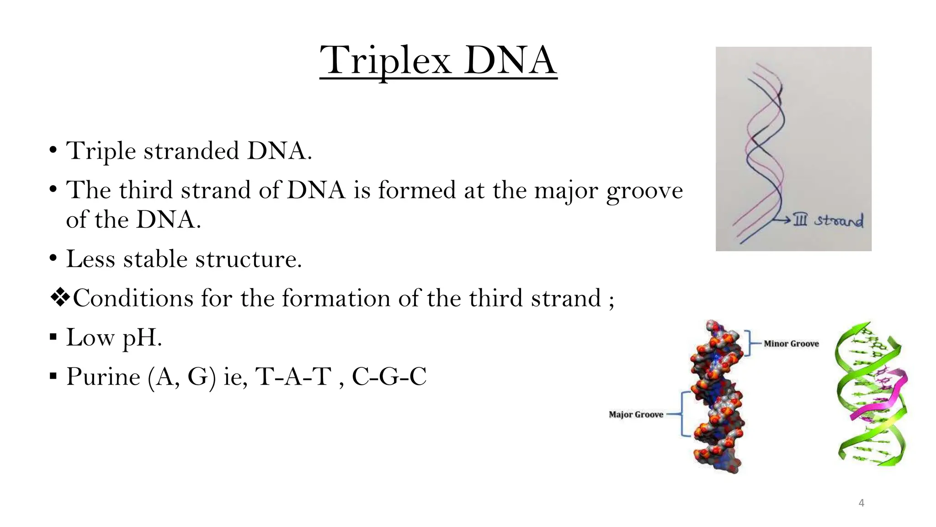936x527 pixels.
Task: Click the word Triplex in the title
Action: [x=385, y=61]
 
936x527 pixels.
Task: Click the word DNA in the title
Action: [x=511, y=61]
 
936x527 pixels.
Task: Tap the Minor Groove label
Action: [x=791, y=344]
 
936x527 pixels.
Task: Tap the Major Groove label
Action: [x=636, y=414]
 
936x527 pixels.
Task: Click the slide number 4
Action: [x=862, y=503]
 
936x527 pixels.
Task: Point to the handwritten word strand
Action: [x=839, y=220]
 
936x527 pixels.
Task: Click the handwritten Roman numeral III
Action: [x=800, y=220]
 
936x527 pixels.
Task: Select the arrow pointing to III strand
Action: [x=782, y=220]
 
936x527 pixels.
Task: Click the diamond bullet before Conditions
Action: [x=59, y=298]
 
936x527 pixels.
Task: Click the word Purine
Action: [x=103, y=377]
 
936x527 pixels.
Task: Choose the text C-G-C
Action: [x=389, y=377]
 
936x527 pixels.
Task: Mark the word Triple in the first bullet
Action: [x=101, y=151]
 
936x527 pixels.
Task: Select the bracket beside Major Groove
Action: [x=683, y=414]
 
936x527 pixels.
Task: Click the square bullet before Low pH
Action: [x=53, y=338]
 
